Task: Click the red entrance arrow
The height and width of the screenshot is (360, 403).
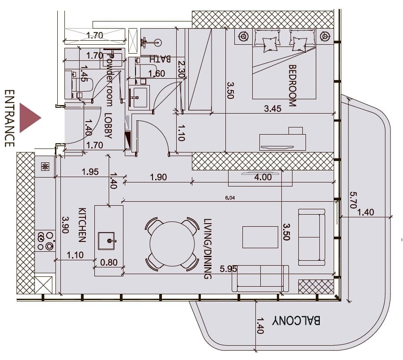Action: [x=29, y=118]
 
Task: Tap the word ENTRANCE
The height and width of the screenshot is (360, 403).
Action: [x=9, y=118]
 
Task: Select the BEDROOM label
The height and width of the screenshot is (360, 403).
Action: [x=293, y=85]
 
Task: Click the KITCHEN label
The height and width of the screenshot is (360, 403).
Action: [x=82, y=225]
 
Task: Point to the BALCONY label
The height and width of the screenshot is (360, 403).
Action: [x=296, y=321]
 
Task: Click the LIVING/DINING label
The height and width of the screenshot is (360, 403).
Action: [x=208, y=249]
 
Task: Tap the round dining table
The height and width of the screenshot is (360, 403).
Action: [x=172, y=244]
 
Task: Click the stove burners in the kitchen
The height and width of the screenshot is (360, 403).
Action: [x=46, y=241]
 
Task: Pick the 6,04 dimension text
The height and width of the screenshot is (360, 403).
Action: [x=230, y=198]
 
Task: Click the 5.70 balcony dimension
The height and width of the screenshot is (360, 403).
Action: [x=353, y=200]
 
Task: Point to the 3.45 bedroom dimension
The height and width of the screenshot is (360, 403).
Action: [x=272, y=108]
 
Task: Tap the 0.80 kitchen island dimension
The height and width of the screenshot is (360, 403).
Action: [x=109, y=263]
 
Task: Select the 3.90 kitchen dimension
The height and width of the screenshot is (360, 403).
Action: [x=65, y=225]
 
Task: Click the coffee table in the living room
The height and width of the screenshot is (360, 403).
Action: [x=260, y=237]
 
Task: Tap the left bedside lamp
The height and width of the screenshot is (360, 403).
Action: [x=243, y=36]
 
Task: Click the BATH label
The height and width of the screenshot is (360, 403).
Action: [x=160, y=59]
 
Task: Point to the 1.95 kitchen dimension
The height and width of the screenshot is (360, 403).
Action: [x=90, y=172]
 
